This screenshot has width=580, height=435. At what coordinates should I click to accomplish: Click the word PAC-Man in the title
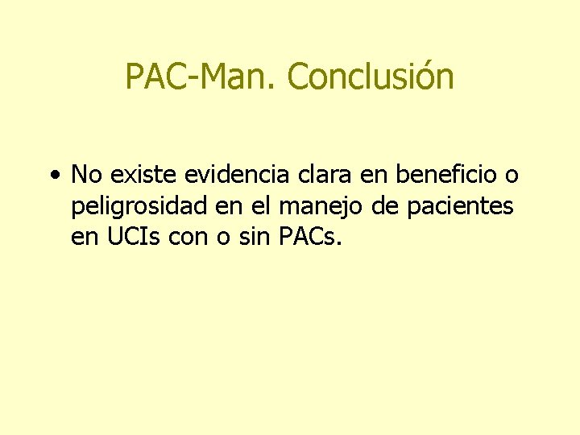click(201, 77)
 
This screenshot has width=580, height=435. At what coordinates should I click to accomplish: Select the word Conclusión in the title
click(371, 77)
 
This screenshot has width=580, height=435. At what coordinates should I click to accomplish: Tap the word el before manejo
click(260, 207)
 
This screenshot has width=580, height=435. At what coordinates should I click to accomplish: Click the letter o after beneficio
click(511, 176)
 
